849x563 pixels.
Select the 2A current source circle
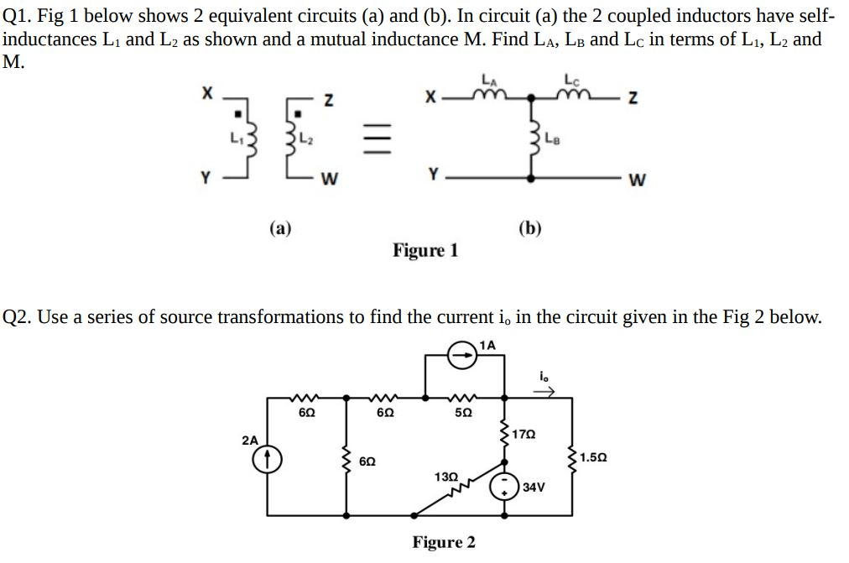(x=266, y=458)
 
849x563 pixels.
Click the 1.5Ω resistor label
(x=593, y=458)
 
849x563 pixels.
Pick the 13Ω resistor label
(x=446, y=477)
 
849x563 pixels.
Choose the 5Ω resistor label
(x=464, y=413)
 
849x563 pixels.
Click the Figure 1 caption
(x=425, y=250)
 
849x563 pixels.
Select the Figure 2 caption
(x=443, y=542)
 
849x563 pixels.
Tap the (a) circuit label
(x=280, y=227)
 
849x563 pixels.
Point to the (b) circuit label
(x=530, y=227)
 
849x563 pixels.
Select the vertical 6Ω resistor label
(x=367, y=461)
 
